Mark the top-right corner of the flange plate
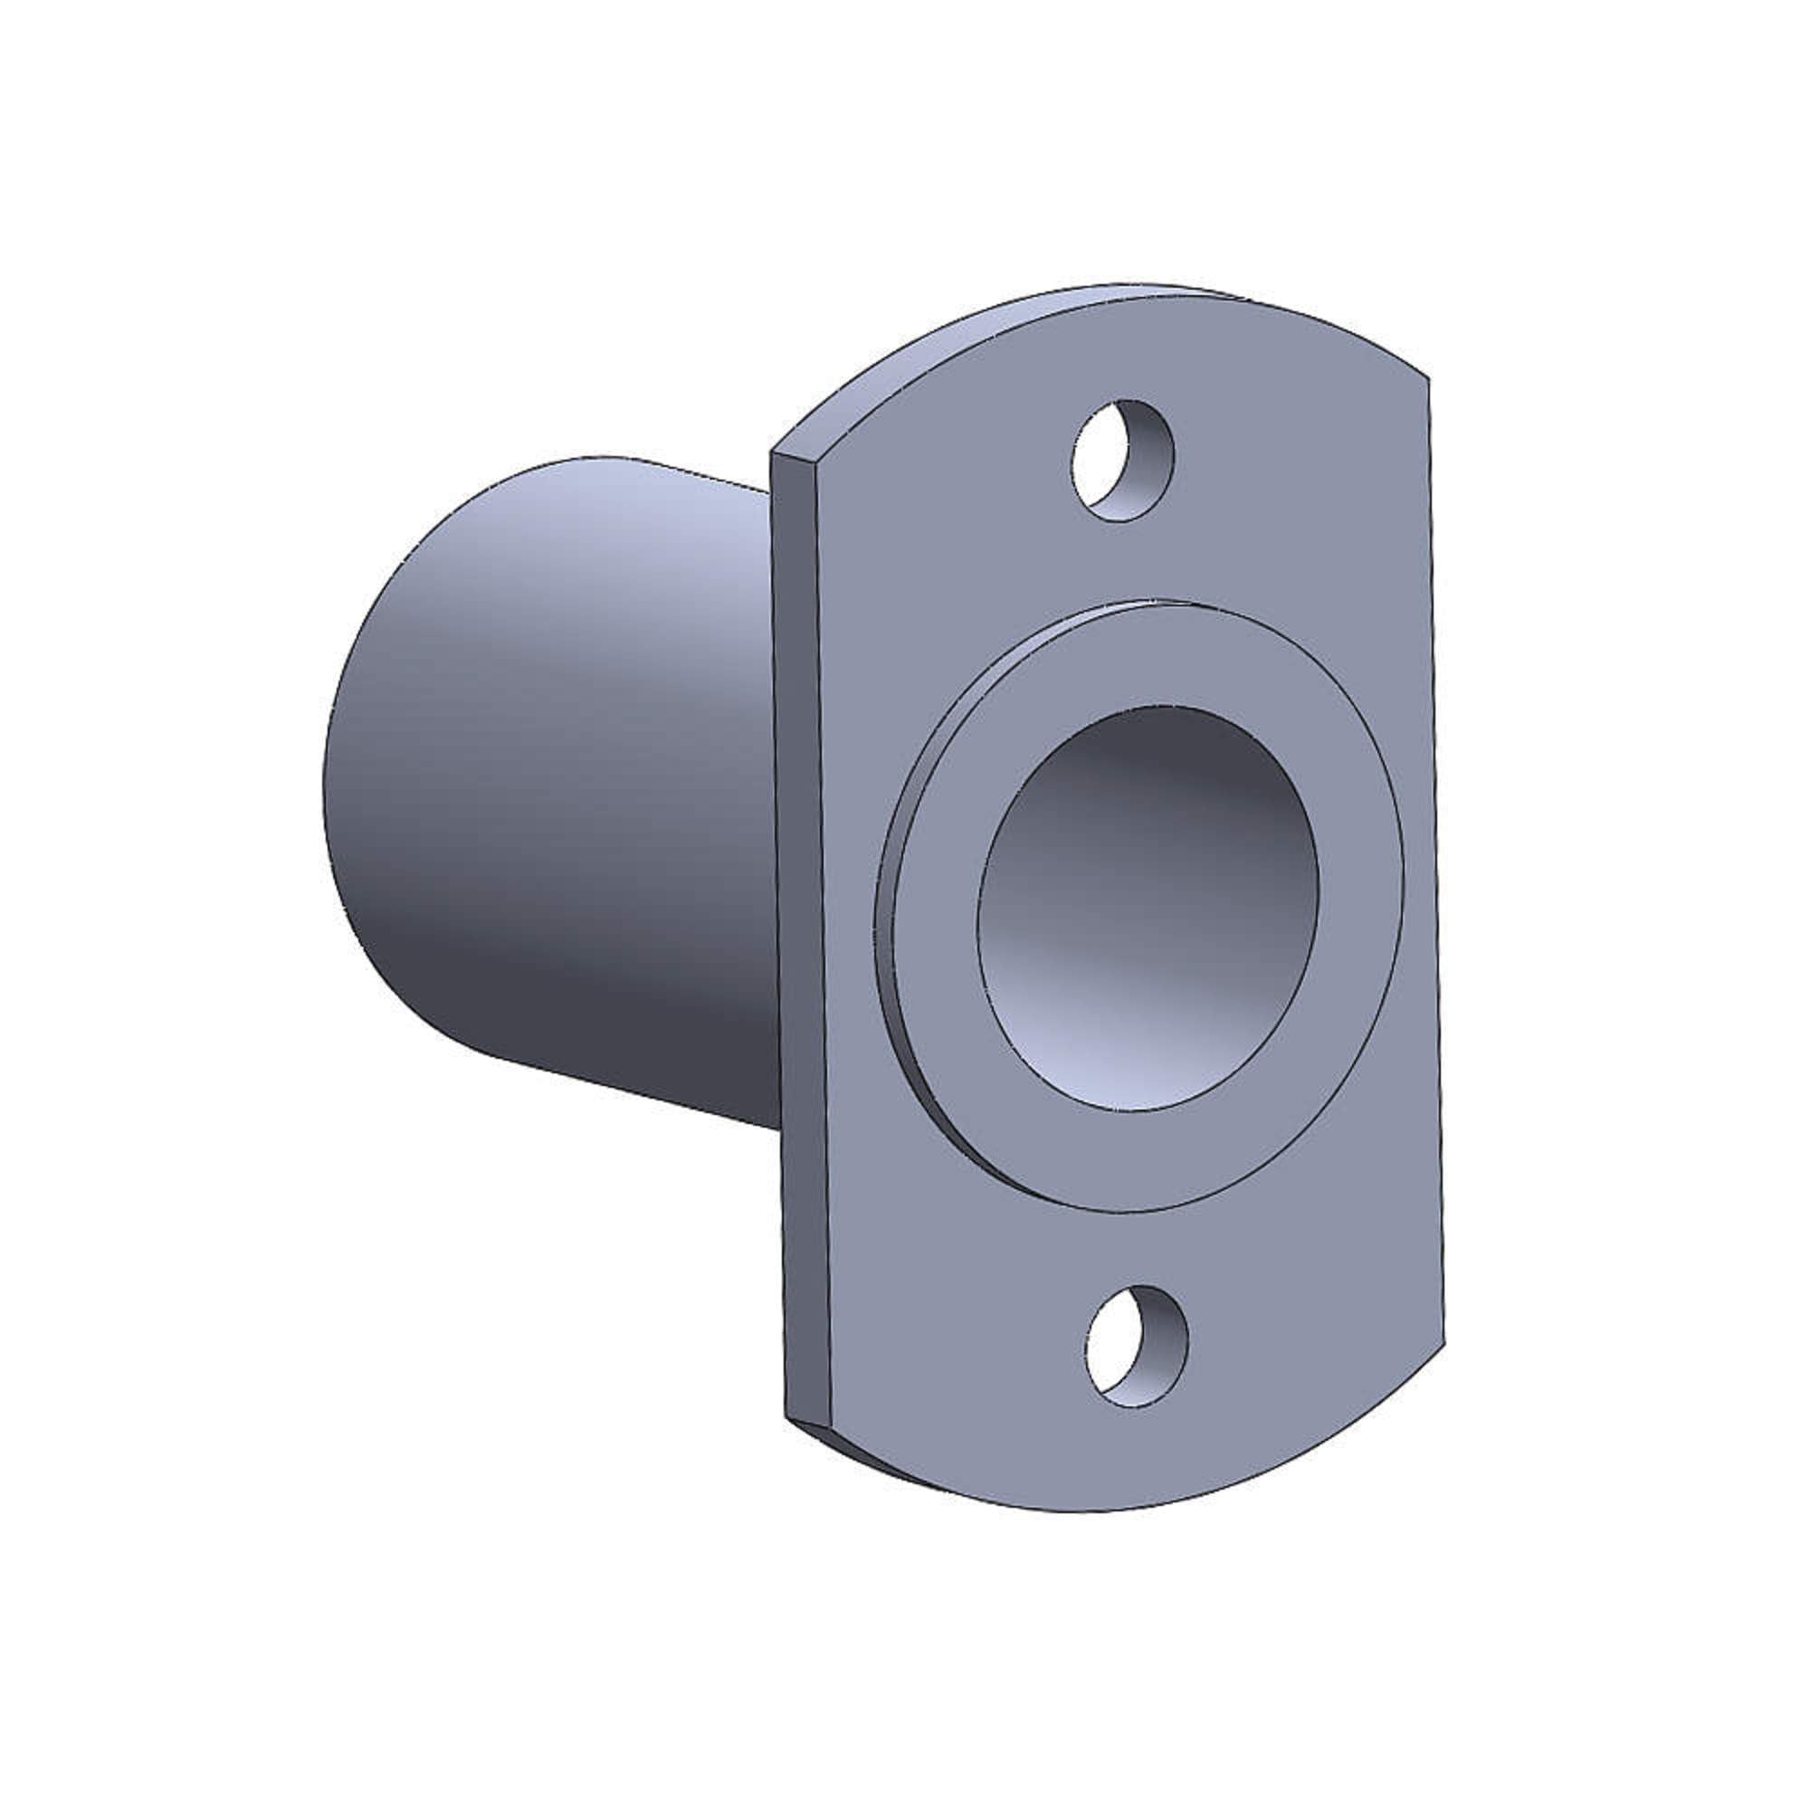pyautogui.click(x=1428, y=377)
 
